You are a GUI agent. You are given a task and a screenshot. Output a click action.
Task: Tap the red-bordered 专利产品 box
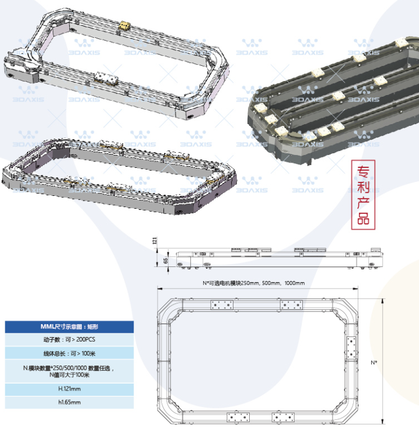coord(364,195)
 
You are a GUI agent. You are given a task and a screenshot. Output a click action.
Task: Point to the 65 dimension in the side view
coord(166,261)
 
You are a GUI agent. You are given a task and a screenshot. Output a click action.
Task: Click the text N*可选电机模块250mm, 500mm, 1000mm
coord(254,283)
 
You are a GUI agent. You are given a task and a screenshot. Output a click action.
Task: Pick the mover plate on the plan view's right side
coord(351,348)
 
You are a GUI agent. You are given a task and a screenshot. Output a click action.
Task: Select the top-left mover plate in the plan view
coord(221,305)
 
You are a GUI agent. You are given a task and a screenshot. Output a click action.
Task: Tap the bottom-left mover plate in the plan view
coord(238,417)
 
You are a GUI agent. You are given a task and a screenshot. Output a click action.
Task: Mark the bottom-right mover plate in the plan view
coord(285,417)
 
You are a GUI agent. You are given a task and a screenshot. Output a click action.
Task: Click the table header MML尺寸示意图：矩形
coord(69,326)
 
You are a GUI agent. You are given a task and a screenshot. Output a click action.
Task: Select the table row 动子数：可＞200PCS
coord(69,339)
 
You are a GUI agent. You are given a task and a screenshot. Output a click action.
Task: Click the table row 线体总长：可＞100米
coord(69,353)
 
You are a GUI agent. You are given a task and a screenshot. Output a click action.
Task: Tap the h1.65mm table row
coord(69,402)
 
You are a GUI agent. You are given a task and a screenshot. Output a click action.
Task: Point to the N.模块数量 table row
coord(69,371)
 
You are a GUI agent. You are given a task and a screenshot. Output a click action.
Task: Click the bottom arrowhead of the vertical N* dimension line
coord(382,424)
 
